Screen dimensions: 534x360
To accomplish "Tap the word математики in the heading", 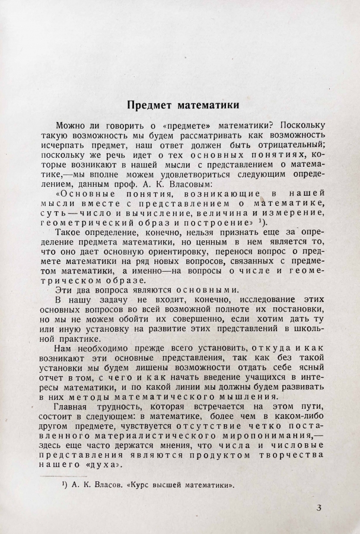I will pos(205,106).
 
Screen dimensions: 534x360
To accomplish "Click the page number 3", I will pos(318,507).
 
